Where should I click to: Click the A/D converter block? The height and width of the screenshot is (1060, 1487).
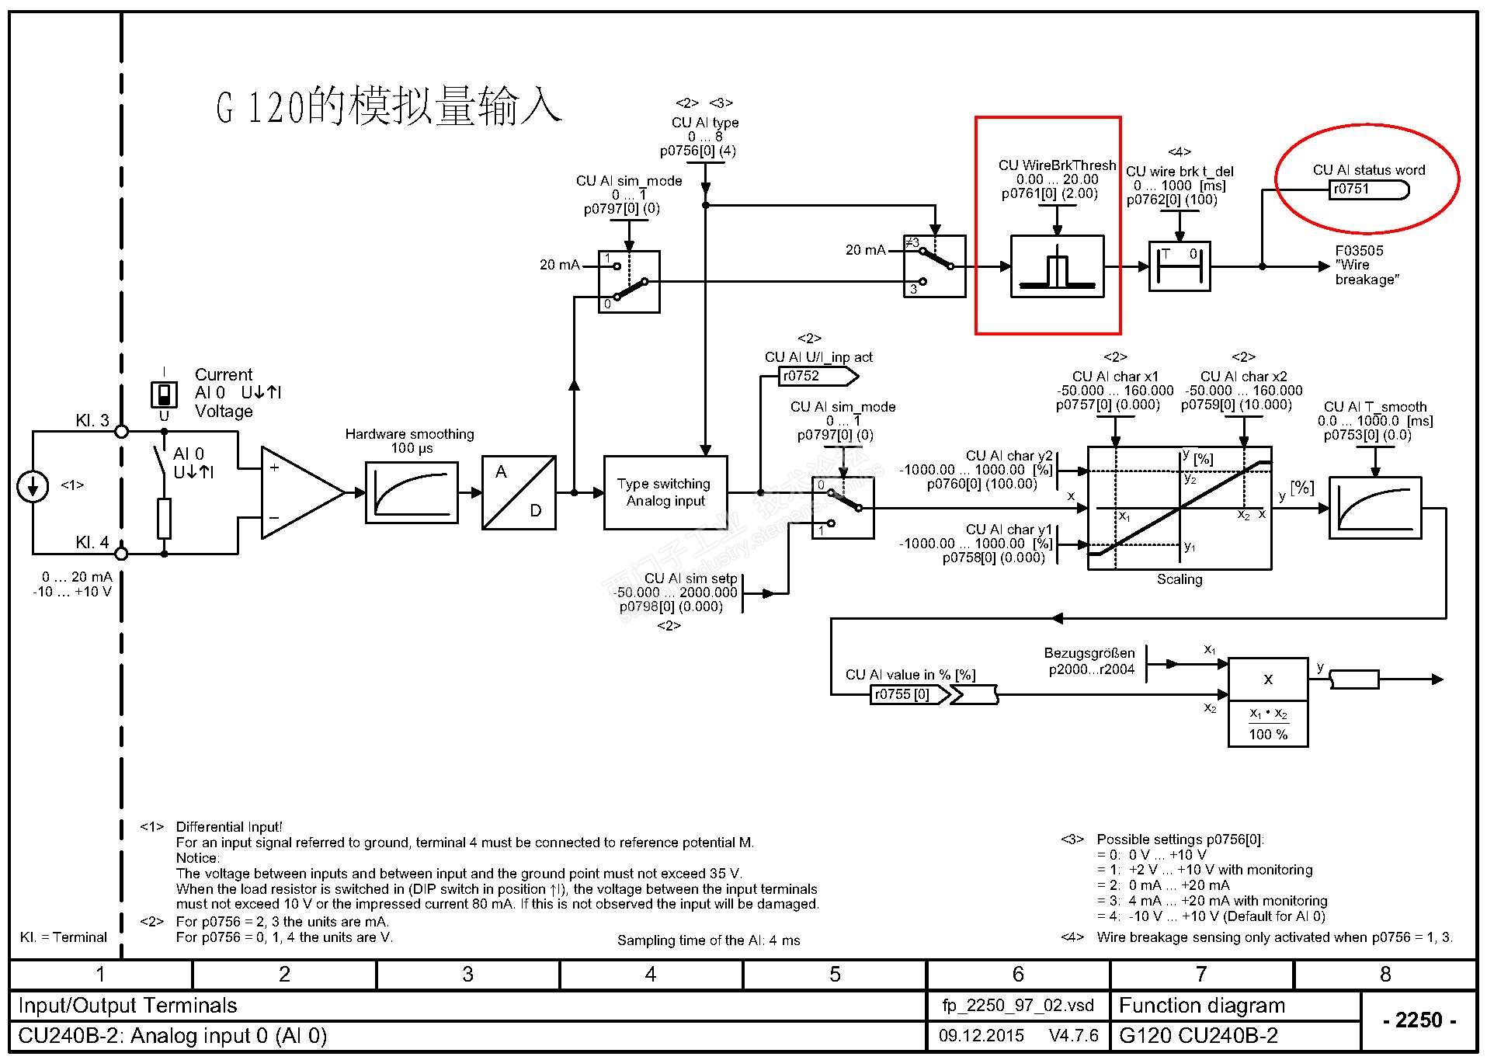[519, 492]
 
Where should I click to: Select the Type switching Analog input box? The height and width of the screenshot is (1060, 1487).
[665, 492]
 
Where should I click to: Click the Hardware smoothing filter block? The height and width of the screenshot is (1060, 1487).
[412, 492]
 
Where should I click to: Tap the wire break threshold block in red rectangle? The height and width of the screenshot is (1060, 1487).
[1057, 266]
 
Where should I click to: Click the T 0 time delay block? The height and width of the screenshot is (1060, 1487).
[1179, 266]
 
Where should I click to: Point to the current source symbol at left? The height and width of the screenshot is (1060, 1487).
[33, 487]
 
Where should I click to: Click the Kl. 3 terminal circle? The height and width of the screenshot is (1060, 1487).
[121, 431]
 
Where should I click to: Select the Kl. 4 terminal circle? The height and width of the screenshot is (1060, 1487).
[121, 554]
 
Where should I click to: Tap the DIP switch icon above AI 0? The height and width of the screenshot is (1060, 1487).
[164, 394]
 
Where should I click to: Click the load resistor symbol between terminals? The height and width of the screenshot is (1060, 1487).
[164, 519]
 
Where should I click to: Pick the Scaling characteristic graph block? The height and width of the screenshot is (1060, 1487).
[1179, 508]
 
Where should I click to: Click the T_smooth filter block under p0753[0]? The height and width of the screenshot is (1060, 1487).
[1374, 508]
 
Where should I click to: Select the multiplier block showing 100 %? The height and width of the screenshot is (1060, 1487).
[1267, 702]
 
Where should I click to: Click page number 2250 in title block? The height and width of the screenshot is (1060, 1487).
[1418, 1020]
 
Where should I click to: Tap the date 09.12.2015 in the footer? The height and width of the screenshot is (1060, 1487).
[981, 1035]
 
